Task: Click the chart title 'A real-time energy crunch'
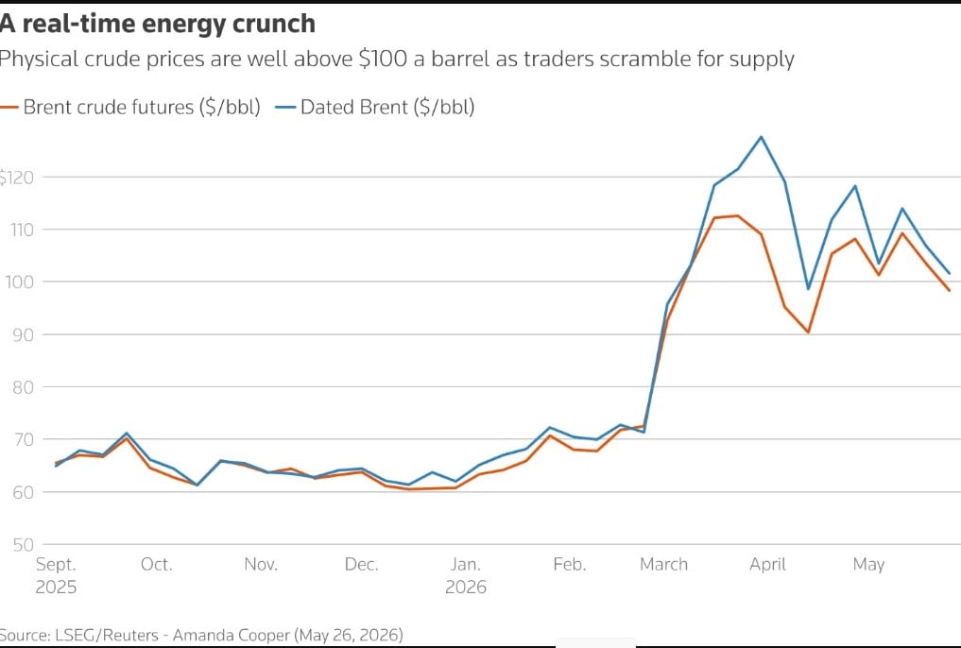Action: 158,24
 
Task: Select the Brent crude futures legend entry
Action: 130,107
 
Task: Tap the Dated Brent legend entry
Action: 374,107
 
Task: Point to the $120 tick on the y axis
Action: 17,178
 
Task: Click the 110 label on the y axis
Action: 22,230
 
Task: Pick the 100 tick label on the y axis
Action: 20,282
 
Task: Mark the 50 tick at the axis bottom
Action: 23,544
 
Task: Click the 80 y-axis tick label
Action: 23,387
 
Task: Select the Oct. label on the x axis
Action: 156,564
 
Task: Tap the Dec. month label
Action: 362,564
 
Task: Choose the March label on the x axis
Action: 663,564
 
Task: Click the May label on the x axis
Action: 868,565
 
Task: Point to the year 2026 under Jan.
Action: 466,588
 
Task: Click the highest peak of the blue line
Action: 762,137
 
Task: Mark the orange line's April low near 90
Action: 808,333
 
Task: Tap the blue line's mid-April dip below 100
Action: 808,289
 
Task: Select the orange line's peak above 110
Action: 737,215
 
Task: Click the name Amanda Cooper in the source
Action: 232,635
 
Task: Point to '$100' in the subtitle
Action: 383,59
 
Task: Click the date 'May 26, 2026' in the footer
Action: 350,635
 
